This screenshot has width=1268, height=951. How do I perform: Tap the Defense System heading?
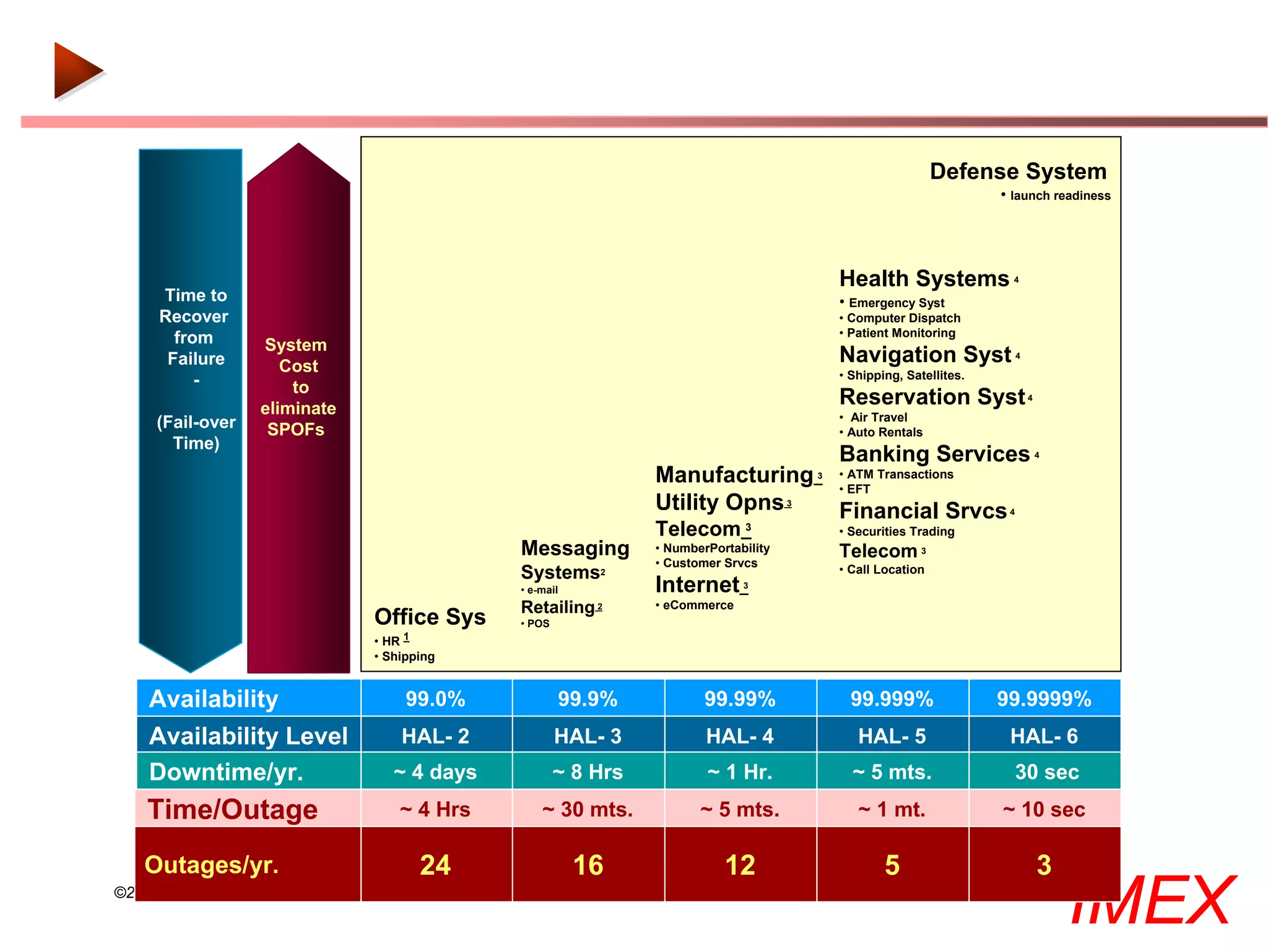[x=1017, y=171]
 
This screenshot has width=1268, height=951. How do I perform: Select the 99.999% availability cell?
[x=892, y=698]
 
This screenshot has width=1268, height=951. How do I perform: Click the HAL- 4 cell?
[x=740, y=736]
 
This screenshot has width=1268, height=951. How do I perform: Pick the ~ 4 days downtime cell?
[x=435, y=771]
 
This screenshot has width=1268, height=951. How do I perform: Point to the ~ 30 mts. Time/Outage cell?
[x=588, y=809]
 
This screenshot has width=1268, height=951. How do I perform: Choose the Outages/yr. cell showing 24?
[x=435, y=865]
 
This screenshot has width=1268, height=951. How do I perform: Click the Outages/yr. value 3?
[x=1044, y=865]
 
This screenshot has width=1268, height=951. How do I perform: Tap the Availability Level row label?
[x=248, y=736]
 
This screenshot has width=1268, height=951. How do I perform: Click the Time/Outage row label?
[x=233, y=809]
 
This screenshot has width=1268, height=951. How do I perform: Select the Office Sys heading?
[x=430, y=617]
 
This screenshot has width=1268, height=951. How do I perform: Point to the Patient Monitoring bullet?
[x=901, y=333]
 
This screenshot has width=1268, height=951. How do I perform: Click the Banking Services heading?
[x=934, y=454]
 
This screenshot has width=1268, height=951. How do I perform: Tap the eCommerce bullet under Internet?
[x=698, y=605]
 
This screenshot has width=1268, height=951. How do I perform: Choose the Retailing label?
[x=558, y=607]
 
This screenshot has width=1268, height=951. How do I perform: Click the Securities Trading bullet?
[x=900, y=531]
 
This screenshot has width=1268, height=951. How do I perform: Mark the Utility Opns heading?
[x=719, y=502]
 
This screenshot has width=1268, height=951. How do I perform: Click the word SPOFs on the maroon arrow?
[x=296, y=429]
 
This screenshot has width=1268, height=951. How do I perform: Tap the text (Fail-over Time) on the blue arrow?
[x=196, y=432]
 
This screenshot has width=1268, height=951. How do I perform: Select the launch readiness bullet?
[x=1060, y=196]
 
